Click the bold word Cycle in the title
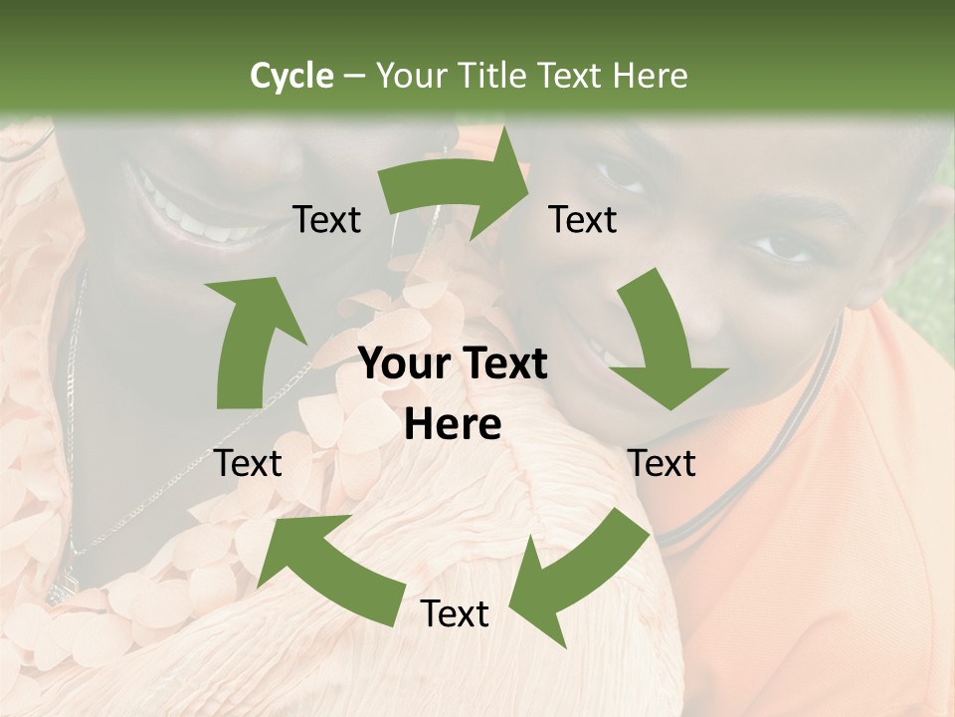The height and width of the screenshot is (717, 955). click(x=291, y=76)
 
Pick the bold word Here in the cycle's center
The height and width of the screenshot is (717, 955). click(x=453, y=425)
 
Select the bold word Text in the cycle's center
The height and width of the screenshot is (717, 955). click(x=503, y=364)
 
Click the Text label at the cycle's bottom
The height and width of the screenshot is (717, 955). click(x=455, y=614)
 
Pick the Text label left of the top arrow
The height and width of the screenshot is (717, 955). click(x=327, y=220)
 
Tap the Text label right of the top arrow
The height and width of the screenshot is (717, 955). click(x=584, y=220)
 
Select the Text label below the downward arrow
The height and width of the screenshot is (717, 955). click(x=663, y=463)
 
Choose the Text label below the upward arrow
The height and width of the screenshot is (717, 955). click(x=249, y=463)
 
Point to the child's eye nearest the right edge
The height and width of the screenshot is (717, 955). click(x=786, y=244)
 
